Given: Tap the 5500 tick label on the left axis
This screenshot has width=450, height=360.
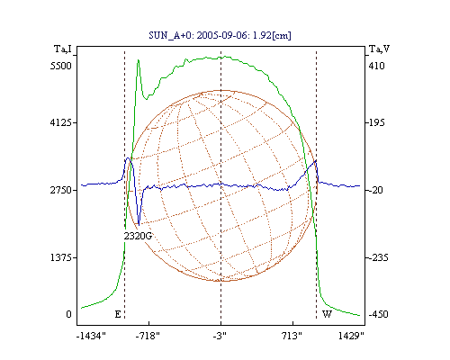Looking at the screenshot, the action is (61, 66).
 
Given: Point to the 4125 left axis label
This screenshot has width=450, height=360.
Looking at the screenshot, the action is (61, 122).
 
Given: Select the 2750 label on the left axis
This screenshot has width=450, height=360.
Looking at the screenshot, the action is (61, 190).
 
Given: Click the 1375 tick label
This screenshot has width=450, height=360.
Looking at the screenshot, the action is (61, 257).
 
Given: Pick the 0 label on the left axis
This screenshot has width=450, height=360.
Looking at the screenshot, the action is (69, 314).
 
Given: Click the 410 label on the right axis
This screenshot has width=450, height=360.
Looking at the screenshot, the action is (376, 66).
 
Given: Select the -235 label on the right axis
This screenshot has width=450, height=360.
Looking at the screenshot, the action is (378, 257).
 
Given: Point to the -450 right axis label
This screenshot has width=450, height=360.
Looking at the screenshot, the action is (378, 314).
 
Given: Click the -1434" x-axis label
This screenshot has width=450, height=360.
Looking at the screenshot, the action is (91, 336).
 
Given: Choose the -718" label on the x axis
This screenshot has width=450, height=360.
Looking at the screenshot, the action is (148, 336).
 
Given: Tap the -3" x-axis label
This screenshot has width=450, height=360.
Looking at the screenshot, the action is (220, 336).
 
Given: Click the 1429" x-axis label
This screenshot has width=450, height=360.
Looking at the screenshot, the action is (351, 336).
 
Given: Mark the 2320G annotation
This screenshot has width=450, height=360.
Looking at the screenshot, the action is (138, 236).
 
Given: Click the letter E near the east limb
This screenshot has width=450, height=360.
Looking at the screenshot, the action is (118, 314).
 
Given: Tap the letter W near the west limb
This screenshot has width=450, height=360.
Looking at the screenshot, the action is (327, 314).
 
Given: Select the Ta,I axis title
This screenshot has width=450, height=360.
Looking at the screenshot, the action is (63, 49).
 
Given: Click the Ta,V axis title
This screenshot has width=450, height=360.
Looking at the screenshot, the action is (379, 49).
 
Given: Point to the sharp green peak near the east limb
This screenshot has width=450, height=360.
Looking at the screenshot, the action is (139, 60).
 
